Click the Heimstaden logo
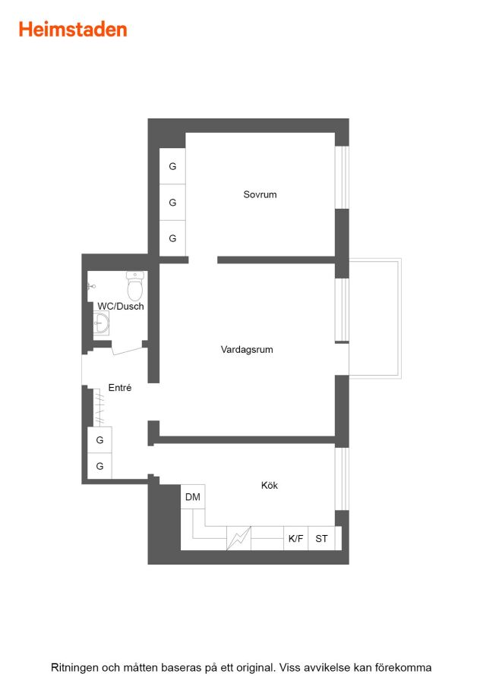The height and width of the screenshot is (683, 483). [x=73, y=30]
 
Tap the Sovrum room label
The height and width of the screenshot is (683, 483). [x=260, y=194]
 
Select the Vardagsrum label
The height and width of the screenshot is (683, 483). [x=247, y=349]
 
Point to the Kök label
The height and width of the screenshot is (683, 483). [x=270, y=485]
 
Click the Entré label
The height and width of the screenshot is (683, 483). [x=120, y=387]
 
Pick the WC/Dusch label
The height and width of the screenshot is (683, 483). [x=121, y=307]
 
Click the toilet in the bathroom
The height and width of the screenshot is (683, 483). [x=135, y=286]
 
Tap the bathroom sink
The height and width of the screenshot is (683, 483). [x=101, y=323]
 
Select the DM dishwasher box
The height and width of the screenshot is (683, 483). [x=193, y=496]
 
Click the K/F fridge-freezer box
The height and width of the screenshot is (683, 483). [x=295, y=538]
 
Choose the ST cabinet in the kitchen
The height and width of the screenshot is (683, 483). [x=322, y=538]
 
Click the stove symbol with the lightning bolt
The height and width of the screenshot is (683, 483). [x=238, y=538]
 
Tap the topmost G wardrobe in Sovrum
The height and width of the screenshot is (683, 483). [x=172, y=166]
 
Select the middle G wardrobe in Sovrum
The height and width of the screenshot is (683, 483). [x=172, y=202]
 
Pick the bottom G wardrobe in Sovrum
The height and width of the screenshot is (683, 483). [x=172, y=238]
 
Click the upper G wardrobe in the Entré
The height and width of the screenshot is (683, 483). [x=99, y=440]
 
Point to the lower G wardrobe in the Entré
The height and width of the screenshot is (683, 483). [x=99, y=466]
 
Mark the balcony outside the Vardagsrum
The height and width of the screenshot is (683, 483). [x=375, y=319]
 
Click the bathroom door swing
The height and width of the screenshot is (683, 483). [x=128, y=349]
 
